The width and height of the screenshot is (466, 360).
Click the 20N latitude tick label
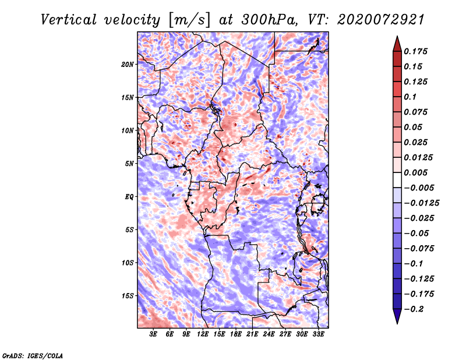pos(128,65)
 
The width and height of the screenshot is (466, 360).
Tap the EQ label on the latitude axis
pos(129,197)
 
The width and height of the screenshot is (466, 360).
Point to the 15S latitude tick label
pos(128,296)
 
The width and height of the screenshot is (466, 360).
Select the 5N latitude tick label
pos(129,164)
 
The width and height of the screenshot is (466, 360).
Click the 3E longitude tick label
pos(153,334)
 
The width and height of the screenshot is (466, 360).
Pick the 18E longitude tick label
pos(236,334)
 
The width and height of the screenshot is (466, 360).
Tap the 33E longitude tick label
pos(318,334)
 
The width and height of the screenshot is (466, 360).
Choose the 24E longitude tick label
pos(269,334)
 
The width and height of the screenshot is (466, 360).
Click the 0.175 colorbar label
pos(415,51)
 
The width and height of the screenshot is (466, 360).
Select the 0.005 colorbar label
pos(415,172)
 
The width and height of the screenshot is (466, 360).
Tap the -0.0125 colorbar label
pos(421,203)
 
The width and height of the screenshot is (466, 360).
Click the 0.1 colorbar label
pos(410,97)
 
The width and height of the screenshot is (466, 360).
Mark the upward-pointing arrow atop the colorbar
pos(397,44)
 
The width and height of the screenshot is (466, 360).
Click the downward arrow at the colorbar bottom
pos(397,316)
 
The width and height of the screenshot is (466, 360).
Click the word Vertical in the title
pos(69,20)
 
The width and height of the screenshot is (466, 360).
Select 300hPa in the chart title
pos(269,20)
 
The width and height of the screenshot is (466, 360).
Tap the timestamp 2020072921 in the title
pos(380,20)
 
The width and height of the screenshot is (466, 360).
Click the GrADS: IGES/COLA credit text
pos(33,355)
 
